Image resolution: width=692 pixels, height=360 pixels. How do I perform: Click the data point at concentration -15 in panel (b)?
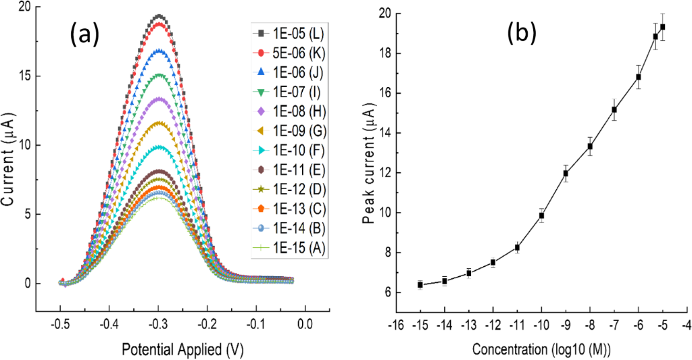[x=420, y=285]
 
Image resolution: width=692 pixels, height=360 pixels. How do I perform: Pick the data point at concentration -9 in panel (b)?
[x=566, y=174]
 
